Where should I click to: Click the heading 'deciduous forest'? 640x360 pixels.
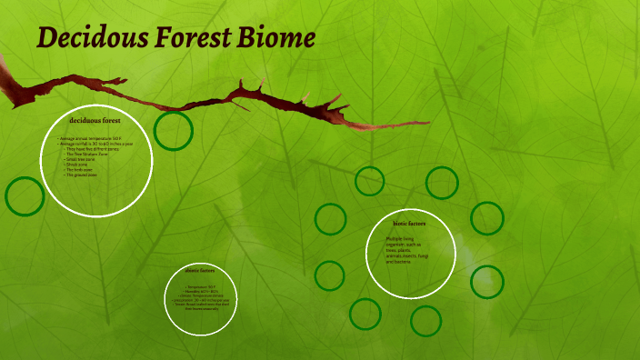pyautogui.click(x=95, y=119)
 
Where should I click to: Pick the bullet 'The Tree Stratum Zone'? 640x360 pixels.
pyautogui.click(x=88, y=155)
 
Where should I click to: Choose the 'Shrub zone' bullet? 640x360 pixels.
pyautogui.click(x=79, y=165)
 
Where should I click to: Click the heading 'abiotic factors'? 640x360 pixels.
pyautogui.click(x=200, y=270)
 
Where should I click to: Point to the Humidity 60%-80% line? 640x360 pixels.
pyautogui.click(x=203, y=290)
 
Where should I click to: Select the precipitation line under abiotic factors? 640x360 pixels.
pyautogui.click(x=203, y=299)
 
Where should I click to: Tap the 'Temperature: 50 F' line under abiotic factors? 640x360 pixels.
pyautogui.click(x=201, y=285)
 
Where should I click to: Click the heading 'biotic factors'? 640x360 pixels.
pyautogui.click(x=409, y=223)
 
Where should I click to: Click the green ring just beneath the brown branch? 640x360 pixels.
pyautogui.click(x=173, y=130)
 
